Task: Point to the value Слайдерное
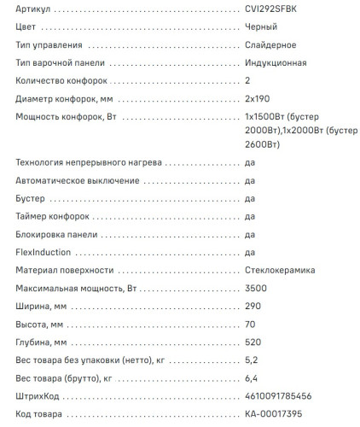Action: pyautogui.click(x=270, y=44)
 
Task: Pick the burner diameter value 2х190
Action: pyautogui.click(x=258, y=100)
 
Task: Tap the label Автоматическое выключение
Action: pyautogui.click(x=78, y=180)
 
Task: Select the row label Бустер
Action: pyautogui.click(x=32, y=198)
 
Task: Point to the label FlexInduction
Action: pyautogui.click(x=44, y=252)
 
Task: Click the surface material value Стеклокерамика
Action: pyautogui.click(x=280, y=270)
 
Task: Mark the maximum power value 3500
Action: pyautogui.click(x=255, y=288)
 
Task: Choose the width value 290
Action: pyautogui.click(x=253, y=307)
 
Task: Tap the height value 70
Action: pyautogui.click(x=250, y=325)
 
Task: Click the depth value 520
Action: pyautogui.click(x=253, y=342)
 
